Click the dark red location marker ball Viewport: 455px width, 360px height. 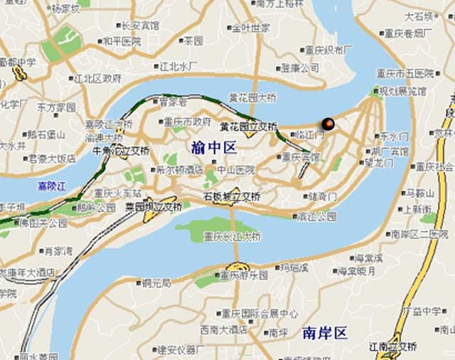click(328, 124)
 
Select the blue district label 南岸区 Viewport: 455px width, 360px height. click(323, 332)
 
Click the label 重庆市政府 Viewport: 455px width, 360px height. click(187, 122)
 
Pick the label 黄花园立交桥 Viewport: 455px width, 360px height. click(248, 127)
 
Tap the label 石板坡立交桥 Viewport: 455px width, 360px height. click(232, 196)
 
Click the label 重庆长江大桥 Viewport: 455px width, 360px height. click(232, 236)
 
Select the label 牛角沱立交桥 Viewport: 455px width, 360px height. click(122, 151)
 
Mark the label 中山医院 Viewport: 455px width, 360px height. click(236, 170)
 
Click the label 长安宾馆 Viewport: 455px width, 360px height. click(140, 26)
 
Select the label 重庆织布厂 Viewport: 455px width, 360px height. click(328, 51)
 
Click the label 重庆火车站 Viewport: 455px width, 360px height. click(117, 193)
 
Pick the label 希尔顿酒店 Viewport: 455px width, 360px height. click(179, 170)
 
